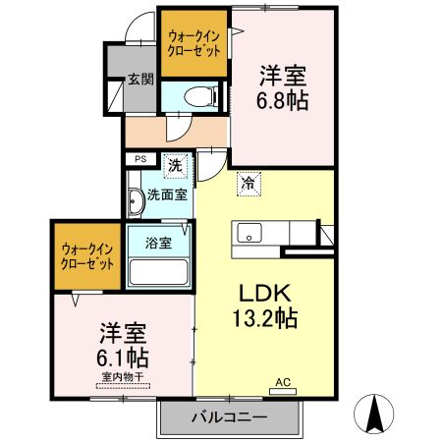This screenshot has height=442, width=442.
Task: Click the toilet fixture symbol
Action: coord(200,96)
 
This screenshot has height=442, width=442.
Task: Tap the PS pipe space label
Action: coord(140,159)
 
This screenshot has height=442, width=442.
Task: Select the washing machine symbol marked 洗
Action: coord(175,166)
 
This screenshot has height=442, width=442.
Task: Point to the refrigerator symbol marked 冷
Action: coord(249,184)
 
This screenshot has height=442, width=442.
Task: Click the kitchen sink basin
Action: coord(249,233)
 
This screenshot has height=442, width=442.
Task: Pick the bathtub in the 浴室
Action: coord(158,272)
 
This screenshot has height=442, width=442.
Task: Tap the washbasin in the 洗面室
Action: coord(136,201)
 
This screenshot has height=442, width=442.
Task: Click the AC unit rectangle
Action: coord(283,391)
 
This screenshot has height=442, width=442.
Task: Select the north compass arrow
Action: coord(373,414)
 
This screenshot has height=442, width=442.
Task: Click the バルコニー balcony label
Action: coord(230,417)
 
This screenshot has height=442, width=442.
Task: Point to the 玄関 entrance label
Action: coord(140,79)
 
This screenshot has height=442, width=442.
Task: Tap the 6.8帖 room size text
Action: coord(282,100)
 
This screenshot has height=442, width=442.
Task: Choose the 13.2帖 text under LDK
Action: coord(265,318)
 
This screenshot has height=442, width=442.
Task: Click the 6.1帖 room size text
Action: coord(123,358)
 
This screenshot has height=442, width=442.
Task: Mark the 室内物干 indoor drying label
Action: coord(123,377)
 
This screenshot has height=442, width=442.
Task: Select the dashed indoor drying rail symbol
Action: coord(123,386)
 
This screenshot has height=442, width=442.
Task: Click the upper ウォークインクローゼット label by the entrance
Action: coord(193,43)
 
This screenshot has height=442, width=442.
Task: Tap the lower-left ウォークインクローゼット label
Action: coord(87,256)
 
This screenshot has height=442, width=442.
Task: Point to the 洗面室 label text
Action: coord(167,195)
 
